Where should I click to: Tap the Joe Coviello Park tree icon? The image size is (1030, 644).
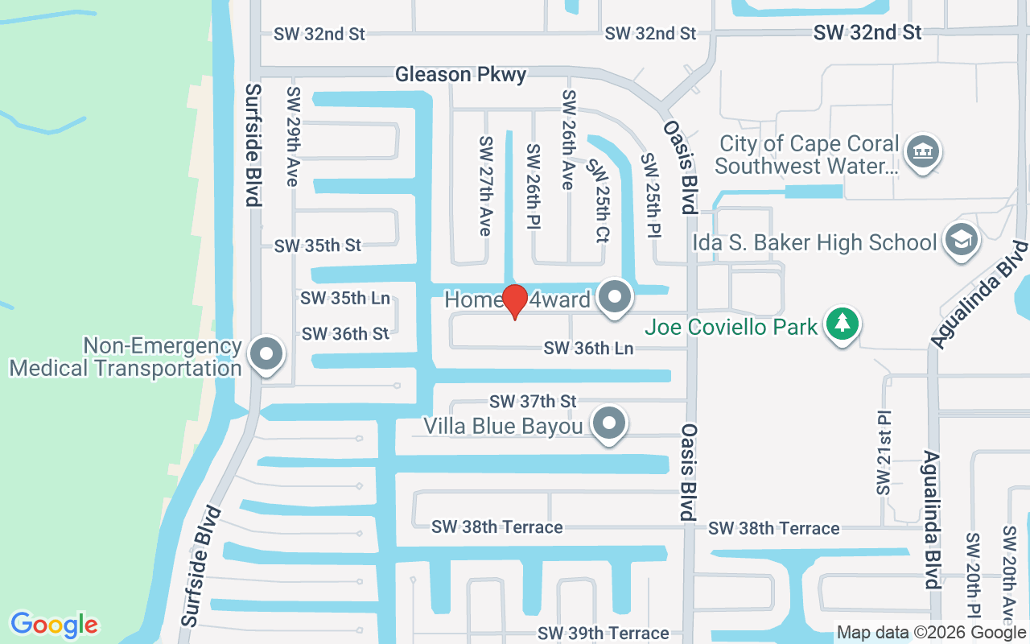pyautogui.click(x=843, y=324)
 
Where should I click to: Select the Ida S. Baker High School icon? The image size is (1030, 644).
pyautogui.click(x=961, y=240)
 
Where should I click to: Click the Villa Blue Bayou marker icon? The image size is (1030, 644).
pyautogui.click(x=609, y=423)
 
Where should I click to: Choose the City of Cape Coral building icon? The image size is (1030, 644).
pyautogui.click(x=922, y=151)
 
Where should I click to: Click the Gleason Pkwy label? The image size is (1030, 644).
pyautogui.click(x=460, y=75)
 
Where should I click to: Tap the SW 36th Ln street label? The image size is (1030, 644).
pyautogui.click(x=588, y=349)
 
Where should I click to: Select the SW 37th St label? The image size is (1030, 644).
pyautogui.click(x=534, y=401)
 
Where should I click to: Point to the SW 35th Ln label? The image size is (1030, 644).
pyautogui.click(x=345, y=299)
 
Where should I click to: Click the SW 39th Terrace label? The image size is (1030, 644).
pyautogui.click(x=603, y=634)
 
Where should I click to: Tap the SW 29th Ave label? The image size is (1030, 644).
pyautogui.click(x=292, y=137)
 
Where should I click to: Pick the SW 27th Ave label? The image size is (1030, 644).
pyautogui.click(x=485, y=186)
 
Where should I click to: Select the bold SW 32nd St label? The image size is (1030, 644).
pyautogui.click(x=867, y=32)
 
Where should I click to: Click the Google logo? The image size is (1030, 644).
pyautogui.click(x=54, y=625)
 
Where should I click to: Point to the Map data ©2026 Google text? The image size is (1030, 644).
pyautogui.click(x=931, y=633)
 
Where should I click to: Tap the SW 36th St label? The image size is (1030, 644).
pyautogui.click(x=345, y=333)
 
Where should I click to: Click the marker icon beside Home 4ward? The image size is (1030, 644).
pyautogui.click(x=616, y=297)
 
